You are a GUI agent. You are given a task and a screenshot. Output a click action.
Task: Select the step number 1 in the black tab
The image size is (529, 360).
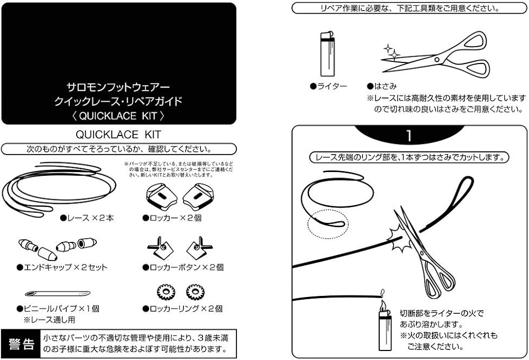(x=408, y=135)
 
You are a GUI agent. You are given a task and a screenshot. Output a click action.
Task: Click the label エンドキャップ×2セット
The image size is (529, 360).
(x=62, y=267)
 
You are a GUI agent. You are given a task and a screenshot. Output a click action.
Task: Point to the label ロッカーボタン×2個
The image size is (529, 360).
(x=183, y=267)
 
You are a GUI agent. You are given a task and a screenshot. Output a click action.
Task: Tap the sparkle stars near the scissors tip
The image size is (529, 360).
(x=392, y=51)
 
